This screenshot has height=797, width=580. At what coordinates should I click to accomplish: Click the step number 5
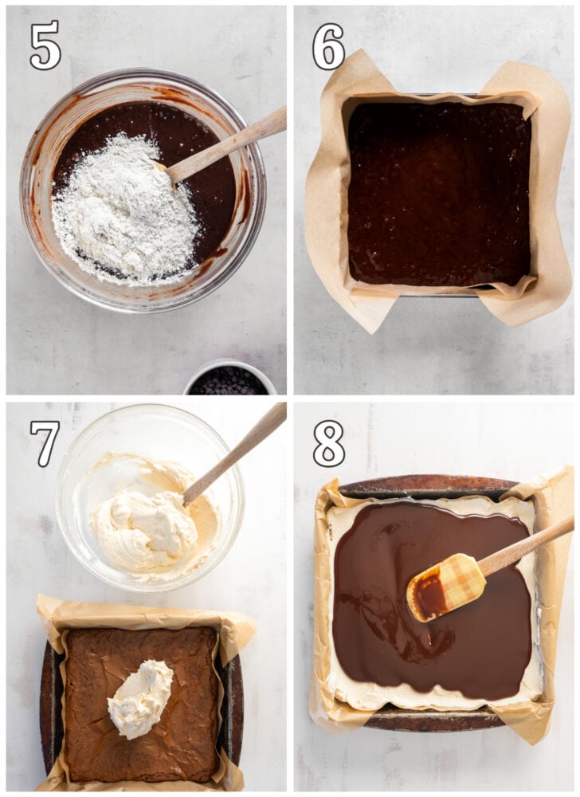pyautogui.click(x=45, y=45)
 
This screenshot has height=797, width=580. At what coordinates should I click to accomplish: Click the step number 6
pyautogui.click(x=327, y=46)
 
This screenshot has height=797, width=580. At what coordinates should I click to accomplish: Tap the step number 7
pyautogui.click(x=45, y=443)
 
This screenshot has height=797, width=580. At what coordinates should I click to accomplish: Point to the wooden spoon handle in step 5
pyautogui.click(x=231, y=143)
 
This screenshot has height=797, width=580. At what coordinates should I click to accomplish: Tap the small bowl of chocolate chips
pyautogui.click(x=229, y=381)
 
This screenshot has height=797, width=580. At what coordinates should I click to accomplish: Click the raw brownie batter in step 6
pyautogui.click(x=438, y=191)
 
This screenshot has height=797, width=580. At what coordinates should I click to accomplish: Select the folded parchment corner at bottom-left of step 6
pyautogui.click(x=351, y=307)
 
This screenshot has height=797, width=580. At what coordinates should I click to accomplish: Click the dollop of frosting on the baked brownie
pyautogui.click(x=141, y=698)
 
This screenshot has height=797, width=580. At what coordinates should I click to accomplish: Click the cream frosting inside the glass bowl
pyautogui.click(x=147, y=526)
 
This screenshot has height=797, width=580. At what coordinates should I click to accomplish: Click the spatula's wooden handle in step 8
pyautogui.click(x=526, y=548)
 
